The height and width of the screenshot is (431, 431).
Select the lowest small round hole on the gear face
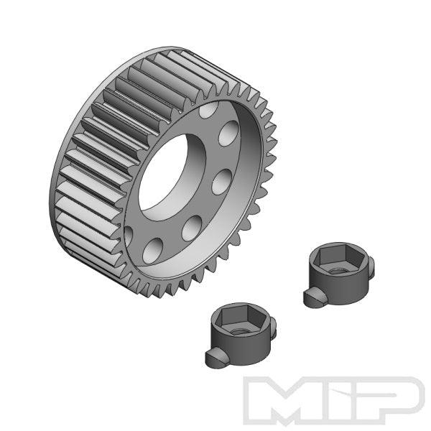[x=152, y=249]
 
